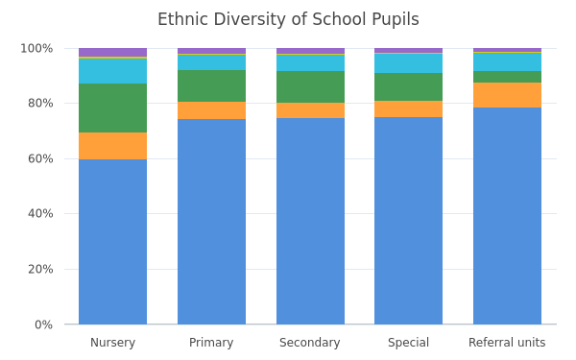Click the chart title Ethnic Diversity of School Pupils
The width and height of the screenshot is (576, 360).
click(x=288, y=19)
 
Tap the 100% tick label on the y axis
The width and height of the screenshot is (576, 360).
click(x=36, y=49)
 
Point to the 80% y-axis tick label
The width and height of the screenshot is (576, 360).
click(x=40, y=104)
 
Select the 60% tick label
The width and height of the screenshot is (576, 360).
click(x=40, y=158)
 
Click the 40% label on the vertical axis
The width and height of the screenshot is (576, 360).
click(x=40, y=213)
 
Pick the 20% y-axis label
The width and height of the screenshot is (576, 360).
click(x=40, y=269)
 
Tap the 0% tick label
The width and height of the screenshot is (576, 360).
click(x=44, y=324)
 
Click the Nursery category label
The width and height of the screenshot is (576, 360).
click(x=112, y=343)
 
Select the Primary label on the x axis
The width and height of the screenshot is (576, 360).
click(x=211, y=343)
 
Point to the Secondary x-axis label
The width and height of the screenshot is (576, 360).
click(x=310, y=343)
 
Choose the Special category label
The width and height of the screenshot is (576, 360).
click(x=409, y=343)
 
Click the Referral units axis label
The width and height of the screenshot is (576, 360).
click(x=507, y=343)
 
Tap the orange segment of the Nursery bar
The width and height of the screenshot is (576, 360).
click(x=112, y=146)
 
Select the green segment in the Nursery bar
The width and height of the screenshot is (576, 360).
click(x=112, y=108)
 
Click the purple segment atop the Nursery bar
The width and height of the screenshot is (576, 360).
click(x=112, y=53)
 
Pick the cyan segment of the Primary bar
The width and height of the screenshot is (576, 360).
click(x=211, y=62)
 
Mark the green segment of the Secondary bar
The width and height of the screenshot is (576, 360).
click(x=310, y=87)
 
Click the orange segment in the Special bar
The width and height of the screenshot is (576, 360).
click(x=409, y=109)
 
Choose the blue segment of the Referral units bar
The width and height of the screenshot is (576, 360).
click(x=507, y=216)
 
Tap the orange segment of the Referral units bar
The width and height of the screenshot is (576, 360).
click(x=507, y=95)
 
